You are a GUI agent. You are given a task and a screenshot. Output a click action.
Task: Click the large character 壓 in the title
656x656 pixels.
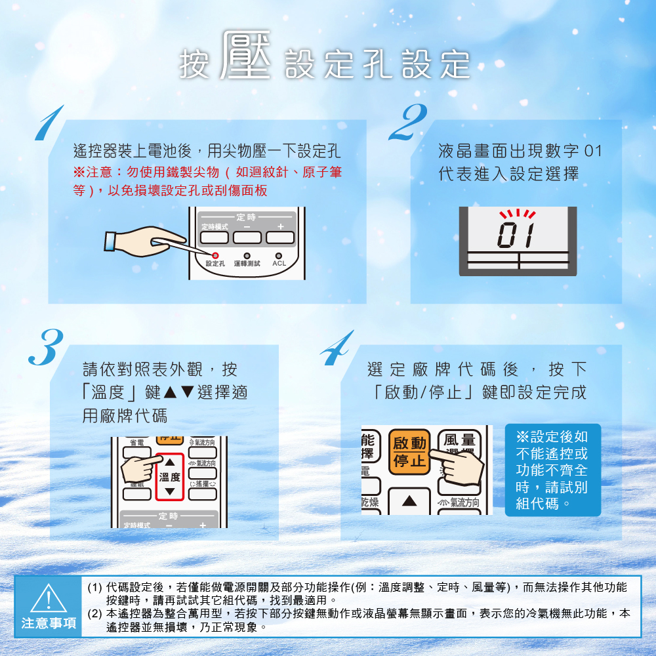click(246, 54)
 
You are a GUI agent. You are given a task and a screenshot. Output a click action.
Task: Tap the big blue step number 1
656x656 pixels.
click(50, 124)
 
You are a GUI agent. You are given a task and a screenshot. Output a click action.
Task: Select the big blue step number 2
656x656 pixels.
click(408, 122)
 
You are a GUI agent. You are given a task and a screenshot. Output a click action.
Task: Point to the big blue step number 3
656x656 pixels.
click(46, 347)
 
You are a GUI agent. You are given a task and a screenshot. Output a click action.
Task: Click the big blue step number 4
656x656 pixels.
click(337, 348)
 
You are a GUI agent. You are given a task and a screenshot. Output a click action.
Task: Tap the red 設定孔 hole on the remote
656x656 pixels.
click(215, 256)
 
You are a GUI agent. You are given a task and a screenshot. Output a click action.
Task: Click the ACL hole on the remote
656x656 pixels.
click(279, 256)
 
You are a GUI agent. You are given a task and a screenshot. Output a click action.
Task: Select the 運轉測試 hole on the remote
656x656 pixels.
click(247, 256)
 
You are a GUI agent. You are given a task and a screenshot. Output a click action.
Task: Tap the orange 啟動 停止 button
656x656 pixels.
click(409, 452)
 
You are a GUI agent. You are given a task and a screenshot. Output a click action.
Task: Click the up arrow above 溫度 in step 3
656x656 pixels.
click(169, 462)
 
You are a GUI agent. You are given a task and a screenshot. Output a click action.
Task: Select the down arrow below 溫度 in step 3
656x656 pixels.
click(169, 491)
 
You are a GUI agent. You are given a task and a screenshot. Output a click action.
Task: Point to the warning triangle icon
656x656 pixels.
click(49, 598)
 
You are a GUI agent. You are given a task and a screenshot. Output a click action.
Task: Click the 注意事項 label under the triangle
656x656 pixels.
click(49, 623)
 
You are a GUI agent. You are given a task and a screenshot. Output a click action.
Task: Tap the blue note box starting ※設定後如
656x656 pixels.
click(552, 470)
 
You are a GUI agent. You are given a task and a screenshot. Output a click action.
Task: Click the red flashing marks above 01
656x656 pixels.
click(518, 214)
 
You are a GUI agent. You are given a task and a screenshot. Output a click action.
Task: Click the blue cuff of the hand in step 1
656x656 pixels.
click(110, 242)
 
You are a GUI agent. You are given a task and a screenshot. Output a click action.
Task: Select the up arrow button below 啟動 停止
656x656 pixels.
click(409, 501)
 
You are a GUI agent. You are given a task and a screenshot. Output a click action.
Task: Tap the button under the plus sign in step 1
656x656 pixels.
click(280, 237)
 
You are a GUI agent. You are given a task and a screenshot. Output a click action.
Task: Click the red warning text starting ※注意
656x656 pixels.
click(207, 181)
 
